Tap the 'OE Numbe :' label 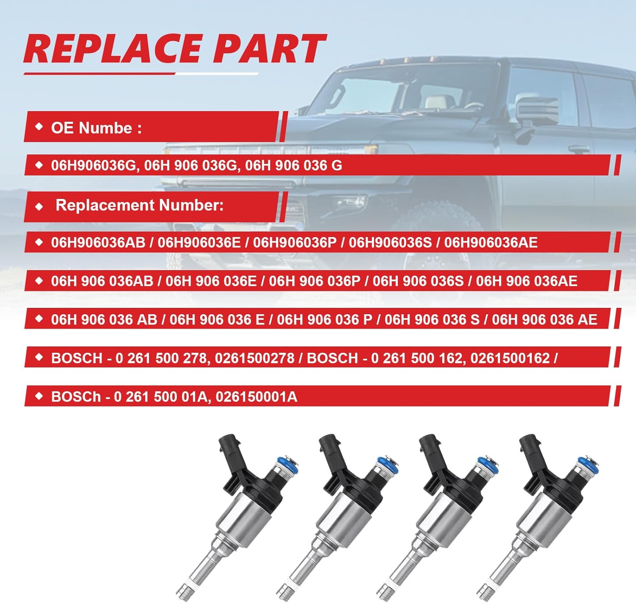pos(96,128)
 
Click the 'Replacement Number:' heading pos(139,205)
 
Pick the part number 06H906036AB pos(98,243)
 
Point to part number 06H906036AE pos(491,243)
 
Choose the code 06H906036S pos(390,243)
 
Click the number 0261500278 pos(254,358)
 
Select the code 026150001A pos(256,397)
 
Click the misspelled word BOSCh pos(76,397)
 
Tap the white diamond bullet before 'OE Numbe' pos(39,127)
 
